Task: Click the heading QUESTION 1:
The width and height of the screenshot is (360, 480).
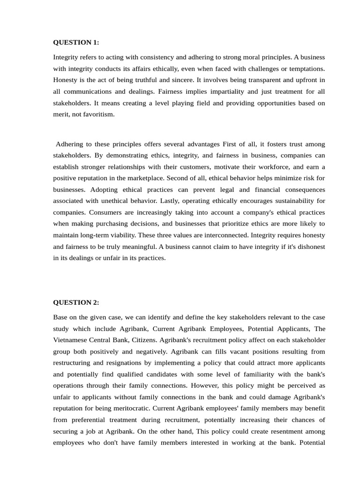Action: [x=76, y=42]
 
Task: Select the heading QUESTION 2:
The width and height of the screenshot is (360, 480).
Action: [x=76, y=302]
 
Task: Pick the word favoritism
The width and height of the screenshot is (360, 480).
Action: [x=97, y=114]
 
